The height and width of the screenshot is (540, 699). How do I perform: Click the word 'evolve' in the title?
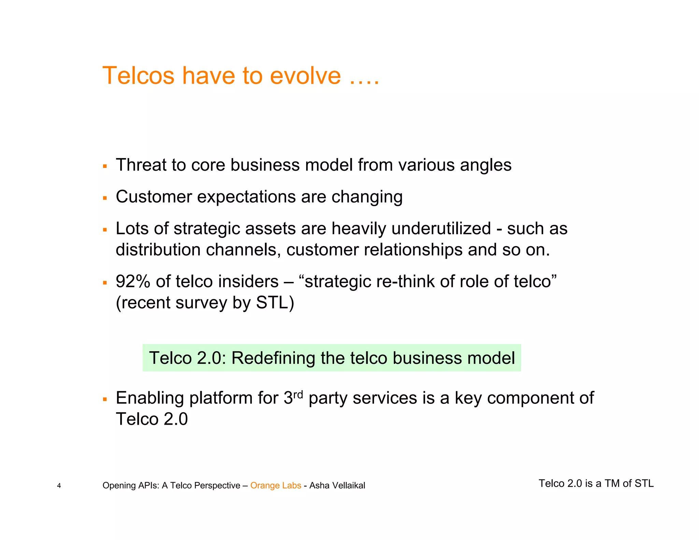(305, 75)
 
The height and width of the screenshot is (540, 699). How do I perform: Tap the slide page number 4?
(59, 486)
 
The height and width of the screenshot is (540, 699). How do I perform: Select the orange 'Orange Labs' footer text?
(276, 485)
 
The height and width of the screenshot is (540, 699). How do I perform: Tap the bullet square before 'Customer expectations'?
(105, 198)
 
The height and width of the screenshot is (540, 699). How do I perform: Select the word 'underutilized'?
(441, 228)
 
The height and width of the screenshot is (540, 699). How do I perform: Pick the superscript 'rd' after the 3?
(298, 395)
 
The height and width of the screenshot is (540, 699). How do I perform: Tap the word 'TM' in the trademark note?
(612, 483)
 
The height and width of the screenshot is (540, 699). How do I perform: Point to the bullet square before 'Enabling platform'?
(105, 399)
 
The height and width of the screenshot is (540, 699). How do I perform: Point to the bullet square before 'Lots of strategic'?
(105, 230)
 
